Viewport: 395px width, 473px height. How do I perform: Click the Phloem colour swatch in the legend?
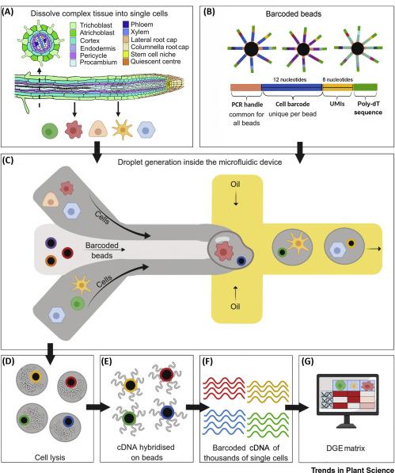pyautogui.click(x=126, y=25)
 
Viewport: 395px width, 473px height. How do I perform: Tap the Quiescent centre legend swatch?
pyautogui.click(x=126, y=62)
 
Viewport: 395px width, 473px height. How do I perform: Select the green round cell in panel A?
pyautogui.click(x=50, y=131)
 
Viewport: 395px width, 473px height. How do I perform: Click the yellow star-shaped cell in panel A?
pyautogui.click(x=122, y=129)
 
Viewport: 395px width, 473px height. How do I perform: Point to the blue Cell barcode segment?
pyautogui.click(x=291, y=87)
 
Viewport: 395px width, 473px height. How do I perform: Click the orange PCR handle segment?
pyautogui.click(x=246, y=87)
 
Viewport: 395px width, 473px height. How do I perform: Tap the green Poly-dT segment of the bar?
pyautogui.click(x=365, y=87)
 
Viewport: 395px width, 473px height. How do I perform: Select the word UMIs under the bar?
pyautogui.click(x=337, y=104)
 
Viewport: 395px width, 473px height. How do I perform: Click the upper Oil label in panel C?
pyautogui.click(x=235, y=184)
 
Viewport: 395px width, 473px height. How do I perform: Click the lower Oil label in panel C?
pyautogui.click(x=235, y=307)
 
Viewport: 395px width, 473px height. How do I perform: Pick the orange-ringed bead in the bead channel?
pyautogui.click(x=51, y=261)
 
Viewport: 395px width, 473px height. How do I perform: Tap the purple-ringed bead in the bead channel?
pyautogui.click(x=51, y=242)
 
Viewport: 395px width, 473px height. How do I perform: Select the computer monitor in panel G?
pyautogui.click(x=348, y=401)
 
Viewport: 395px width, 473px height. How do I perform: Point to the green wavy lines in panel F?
pyautogui.click(x=268, y=425)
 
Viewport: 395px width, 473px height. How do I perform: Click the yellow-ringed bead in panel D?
pyautogui.click(x=36, y=376)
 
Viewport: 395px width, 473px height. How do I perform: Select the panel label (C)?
pyautogui.click(x=8, y=160)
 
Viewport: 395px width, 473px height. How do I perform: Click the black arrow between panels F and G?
pyautogui.click(x=297, y=407)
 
